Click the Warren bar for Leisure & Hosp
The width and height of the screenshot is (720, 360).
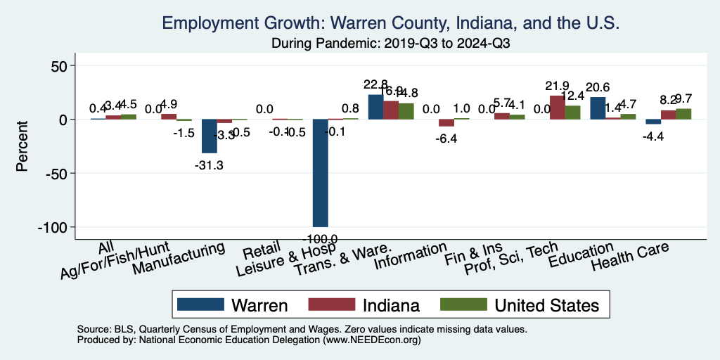(320, 172)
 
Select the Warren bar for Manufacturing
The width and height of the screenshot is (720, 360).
(210, 136)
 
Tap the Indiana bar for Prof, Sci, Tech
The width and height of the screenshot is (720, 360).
(557, 107)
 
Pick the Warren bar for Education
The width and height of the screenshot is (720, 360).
(597, 108)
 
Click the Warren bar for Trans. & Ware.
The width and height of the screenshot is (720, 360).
(375, 107)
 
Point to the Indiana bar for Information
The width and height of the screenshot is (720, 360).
(446, 122)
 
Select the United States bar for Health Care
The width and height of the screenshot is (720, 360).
(683, 114)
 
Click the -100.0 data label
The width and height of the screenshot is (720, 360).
(320, 239)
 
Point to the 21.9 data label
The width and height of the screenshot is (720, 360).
(556, 86)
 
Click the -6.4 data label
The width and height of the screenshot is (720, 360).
(446, 139)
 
